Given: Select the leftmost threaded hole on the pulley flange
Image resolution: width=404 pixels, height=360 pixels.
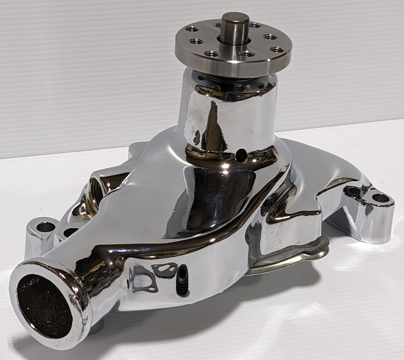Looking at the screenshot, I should click(192, 29).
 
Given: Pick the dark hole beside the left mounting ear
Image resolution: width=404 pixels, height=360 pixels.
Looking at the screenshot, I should click(70, 232).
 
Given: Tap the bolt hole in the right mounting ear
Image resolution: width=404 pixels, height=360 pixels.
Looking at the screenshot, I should click(380, 198).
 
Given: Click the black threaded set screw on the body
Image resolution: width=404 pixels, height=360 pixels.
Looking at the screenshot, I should click(182, 280).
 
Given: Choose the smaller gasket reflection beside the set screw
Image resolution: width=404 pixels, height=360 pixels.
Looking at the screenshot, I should click(164, 269).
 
